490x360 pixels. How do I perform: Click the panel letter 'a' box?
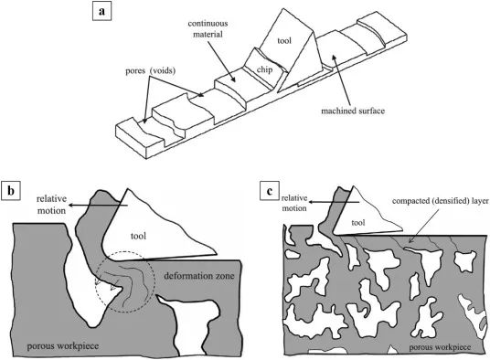pos(101,12)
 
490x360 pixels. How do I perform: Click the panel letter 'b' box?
pos(11,190)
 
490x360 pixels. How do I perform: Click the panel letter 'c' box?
pos(270,191)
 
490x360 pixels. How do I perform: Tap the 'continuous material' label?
pos(208,28)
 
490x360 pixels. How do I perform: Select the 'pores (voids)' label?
pos(150,71)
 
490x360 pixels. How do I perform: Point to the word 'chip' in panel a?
pos(264,69)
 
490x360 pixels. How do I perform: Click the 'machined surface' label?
pos(353,111)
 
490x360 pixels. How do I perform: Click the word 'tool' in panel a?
pos(284,40)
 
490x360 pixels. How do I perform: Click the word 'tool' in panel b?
pos(138,236)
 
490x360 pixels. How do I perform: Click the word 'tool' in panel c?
pos(358,223)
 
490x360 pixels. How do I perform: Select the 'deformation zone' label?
pos(199,276)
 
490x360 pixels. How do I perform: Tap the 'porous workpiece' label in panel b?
pos(63,346)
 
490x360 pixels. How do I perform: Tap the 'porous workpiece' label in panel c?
pos(440,347)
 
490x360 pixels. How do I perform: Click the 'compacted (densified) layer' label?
pos(440,201)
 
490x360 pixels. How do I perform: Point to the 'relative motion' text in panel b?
pos(51,205)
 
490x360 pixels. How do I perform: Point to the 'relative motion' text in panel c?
pos(294,203)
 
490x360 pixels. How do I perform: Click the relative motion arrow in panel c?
pos(335,202)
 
